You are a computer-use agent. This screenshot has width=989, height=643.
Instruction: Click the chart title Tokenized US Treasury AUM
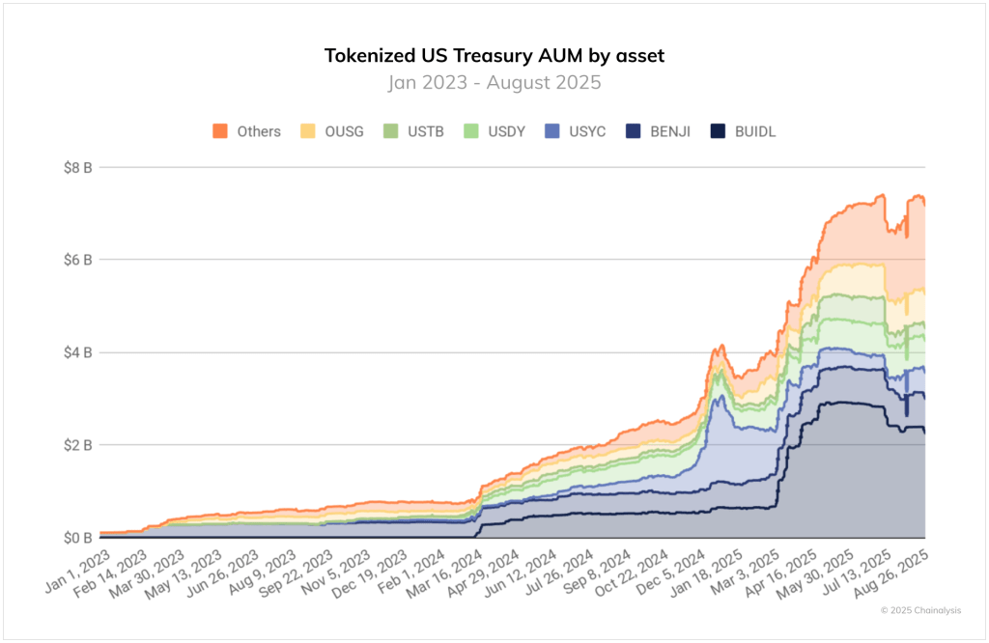(494, 55)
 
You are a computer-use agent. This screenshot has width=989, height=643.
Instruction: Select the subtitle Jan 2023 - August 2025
(494, 82)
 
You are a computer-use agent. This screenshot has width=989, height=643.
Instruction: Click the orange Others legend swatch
(220, 131)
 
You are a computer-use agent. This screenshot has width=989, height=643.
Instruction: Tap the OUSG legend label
(345, 131)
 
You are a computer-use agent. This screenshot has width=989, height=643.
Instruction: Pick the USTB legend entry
(425, 131)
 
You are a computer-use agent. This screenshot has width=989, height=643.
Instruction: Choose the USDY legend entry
(505, 131)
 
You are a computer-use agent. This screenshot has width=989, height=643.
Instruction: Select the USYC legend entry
(586, 131)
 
